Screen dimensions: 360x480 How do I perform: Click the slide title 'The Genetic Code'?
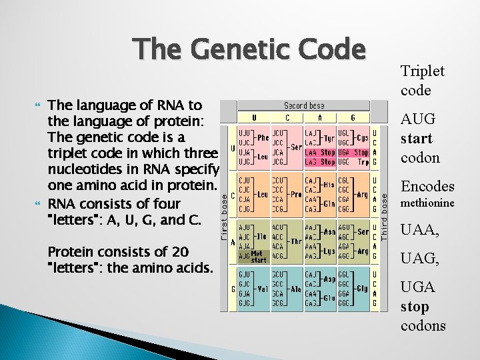pyautogui.click(x=249, y=50)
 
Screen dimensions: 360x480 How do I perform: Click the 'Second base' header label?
pyautogui.click(x=305, y=105)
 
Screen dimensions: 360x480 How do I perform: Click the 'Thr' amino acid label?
pyautogui.click(x=295, y=242)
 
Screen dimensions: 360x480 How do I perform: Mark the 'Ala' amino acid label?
pyautogui.click(x=295, y=289)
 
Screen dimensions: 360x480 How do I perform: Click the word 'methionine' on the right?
pyautogui.click(x=427, y=203)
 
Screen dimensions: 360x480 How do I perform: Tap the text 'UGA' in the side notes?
pyautogui.click(x=418, y=287)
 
